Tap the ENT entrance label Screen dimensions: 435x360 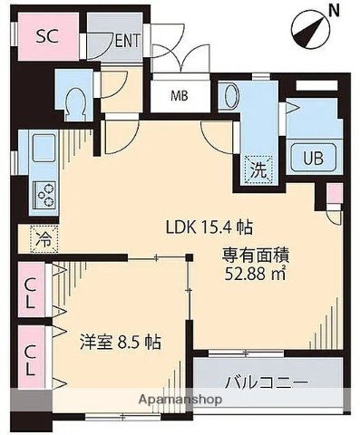(x=127, y=41)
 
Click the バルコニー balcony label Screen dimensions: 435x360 (x=268, y=382)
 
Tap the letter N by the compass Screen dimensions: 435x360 (x=334, y=12)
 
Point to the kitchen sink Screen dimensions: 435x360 (x=44, y=148)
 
